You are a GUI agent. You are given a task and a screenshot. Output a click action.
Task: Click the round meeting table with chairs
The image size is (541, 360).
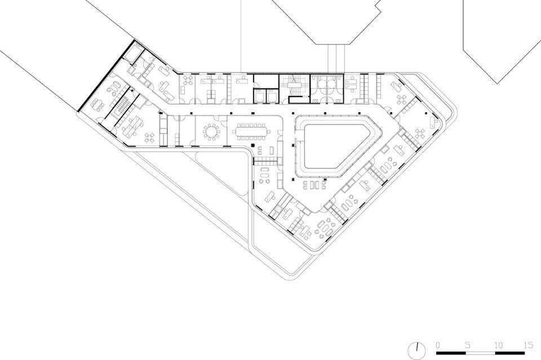click(211, 132)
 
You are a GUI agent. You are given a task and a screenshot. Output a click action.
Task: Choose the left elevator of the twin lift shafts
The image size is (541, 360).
click(260, 96)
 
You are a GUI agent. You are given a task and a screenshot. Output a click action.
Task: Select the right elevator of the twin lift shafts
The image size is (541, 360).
click(273, 96)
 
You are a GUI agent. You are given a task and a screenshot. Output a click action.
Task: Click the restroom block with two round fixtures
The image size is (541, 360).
click(326, 88)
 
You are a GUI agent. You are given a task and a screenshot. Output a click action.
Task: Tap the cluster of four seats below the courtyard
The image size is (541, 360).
click(314, 185)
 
